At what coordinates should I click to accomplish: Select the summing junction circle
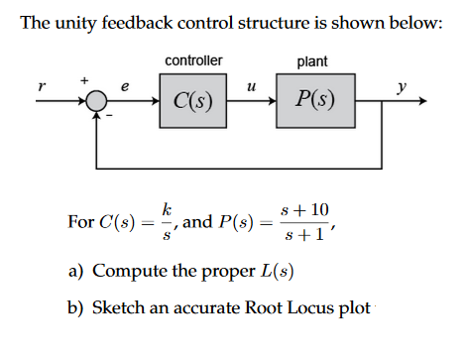[95, 101]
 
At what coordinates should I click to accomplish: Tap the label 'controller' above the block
[193, 62]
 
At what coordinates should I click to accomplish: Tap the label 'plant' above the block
[313, 62]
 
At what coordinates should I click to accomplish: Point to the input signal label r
[41, 87]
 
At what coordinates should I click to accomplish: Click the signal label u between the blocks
[252, 87]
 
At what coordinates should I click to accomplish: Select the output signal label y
[401, 87]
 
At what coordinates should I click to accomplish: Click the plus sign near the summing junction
[84, 78]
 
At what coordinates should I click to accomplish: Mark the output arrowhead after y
[422, 101]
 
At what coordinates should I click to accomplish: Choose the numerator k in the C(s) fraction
[170, 210]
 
